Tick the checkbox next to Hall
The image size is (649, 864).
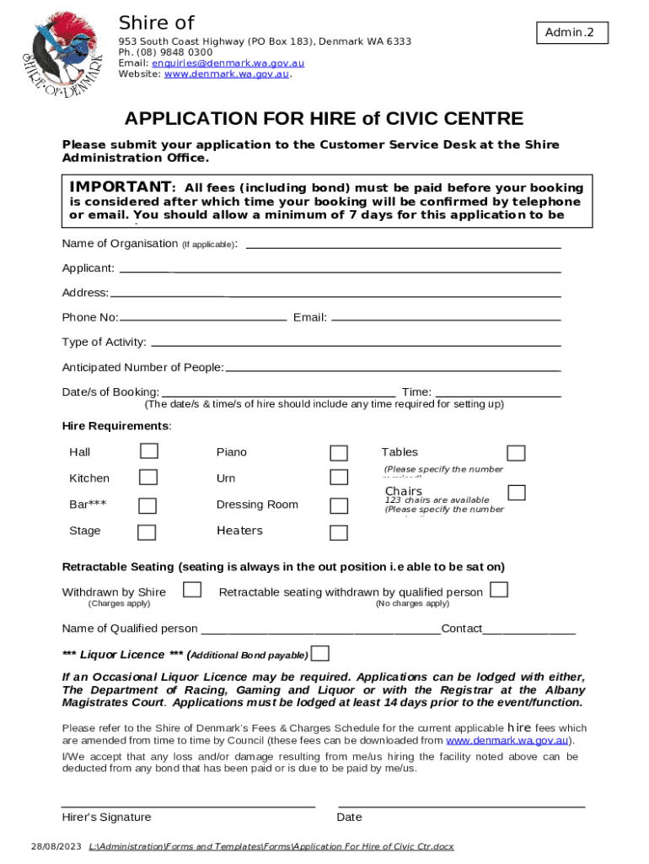coord(148,451)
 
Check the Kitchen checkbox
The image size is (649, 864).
coord(148,478)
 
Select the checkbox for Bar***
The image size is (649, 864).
coord(147,505)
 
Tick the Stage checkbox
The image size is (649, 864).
coord(147,532)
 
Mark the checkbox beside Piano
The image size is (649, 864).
coord(339,453)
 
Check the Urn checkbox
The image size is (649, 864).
coord(339,478)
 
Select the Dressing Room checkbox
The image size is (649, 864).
coord(339,505)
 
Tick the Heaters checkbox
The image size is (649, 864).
coord(339,532)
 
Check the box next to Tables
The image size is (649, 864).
coord(516,453)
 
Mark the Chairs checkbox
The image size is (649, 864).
coord(517,492)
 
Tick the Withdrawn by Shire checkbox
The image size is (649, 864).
coord(192,590)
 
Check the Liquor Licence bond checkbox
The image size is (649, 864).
coord(320,654)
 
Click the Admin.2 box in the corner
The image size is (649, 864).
coord(570,33)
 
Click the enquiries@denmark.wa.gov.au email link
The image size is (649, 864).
coord(211,62)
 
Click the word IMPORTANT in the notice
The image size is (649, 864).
coord(121,186)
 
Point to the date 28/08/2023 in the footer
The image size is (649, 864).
coord(56,846)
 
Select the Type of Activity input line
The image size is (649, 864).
coord(355,344)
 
